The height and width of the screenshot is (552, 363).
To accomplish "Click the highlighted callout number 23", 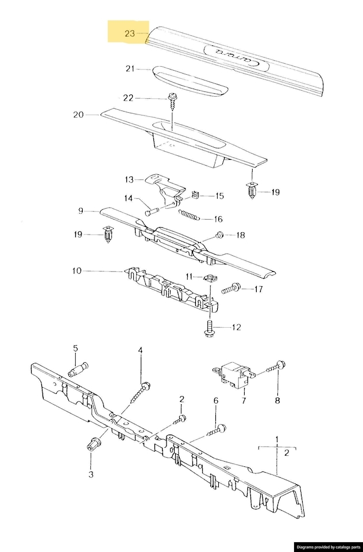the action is click(x=130, y=33).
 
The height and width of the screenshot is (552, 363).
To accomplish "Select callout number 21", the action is click(x=130, y=68).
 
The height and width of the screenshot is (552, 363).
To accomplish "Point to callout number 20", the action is click(x=79, y=115).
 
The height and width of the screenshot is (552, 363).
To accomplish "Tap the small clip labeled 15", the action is click(x=195, y=194).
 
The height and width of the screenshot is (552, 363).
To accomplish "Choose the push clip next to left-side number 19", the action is click(x=109, y=235).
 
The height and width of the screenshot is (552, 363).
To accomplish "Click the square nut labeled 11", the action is click(x=210, y=278).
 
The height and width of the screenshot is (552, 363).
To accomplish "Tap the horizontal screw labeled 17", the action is click(x=231, y=289).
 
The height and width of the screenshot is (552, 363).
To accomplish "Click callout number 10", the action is click(x=77, y=271).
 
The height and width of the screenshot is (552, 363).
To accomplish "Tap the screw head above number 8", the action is click(x=281, y=365).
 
